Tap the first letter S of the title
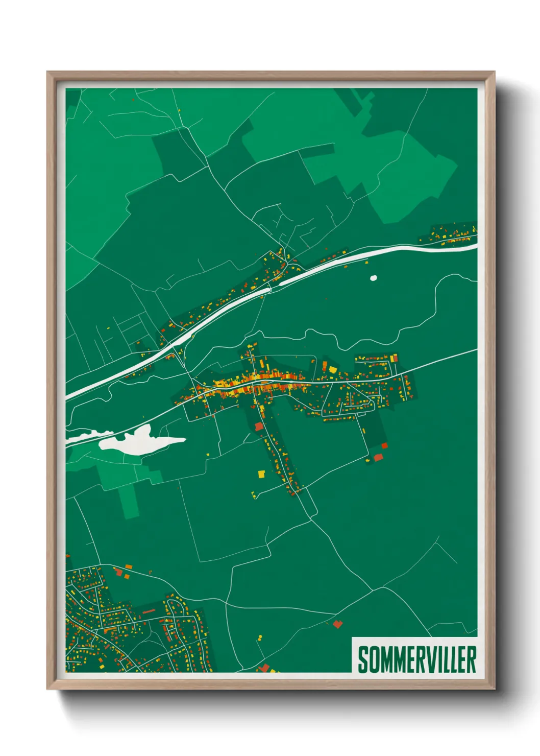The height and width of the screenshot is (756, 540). point(363,659)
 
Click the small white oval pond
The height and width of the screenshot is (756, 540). point(373,278)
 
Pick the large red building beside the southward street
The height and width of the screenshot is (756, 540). point(259,427)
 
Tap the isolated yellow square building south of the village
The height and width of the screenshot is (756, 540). point(261,474)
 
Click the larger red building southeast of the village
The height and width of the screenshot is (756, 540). point(378,457)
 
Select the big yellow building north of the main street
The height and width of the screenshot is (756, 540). point(333,369)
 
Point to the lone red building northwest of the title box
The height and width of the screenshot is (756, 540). point(337,624)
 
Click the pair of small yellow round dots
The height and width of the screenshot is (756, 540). point(260,639)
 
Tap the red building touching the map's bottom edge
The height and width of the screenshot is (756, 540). point(264,668)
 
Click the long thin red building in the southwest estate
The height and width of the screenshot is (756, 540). point(149,611)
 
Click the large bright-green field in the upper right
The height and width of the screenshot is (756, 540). point(408,169)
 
